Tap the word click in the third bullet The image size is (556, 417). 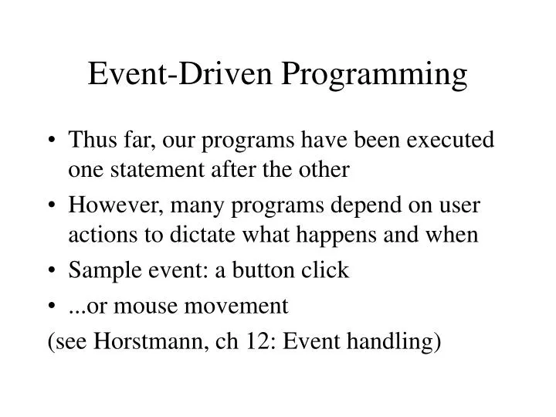coord(330,271)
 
